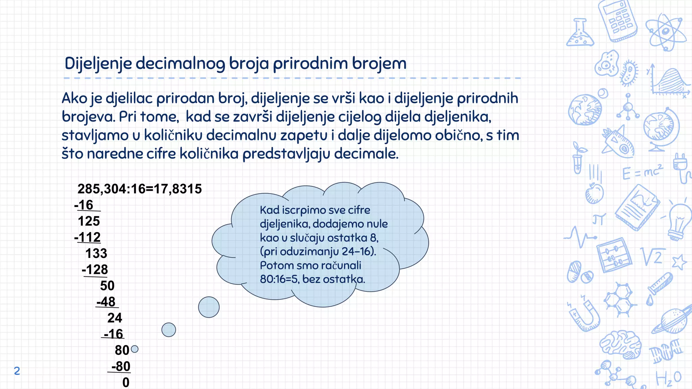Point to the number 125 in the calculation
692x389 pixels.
[x=89, y=221]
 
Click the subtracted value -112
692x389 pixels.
[x=88, y=237]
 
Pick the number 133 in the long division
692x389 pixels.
[x=96, y=254]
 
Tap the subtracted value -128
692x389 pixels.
[x=95, y=269]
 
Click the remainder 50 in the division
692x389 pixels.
[x=107, y=286]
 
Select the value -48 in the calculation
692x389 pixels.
[x=106, y=302]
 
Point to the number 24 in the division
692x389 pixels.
[x=115, y=318]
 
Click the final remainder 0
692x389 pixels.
[x=126, y=383]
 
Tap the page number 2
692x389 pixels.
[x=17, y=371]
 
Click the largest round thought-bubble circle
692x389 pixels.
[x=209, y=307]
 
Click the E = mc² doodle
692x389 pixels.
[x=642, y=172]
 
